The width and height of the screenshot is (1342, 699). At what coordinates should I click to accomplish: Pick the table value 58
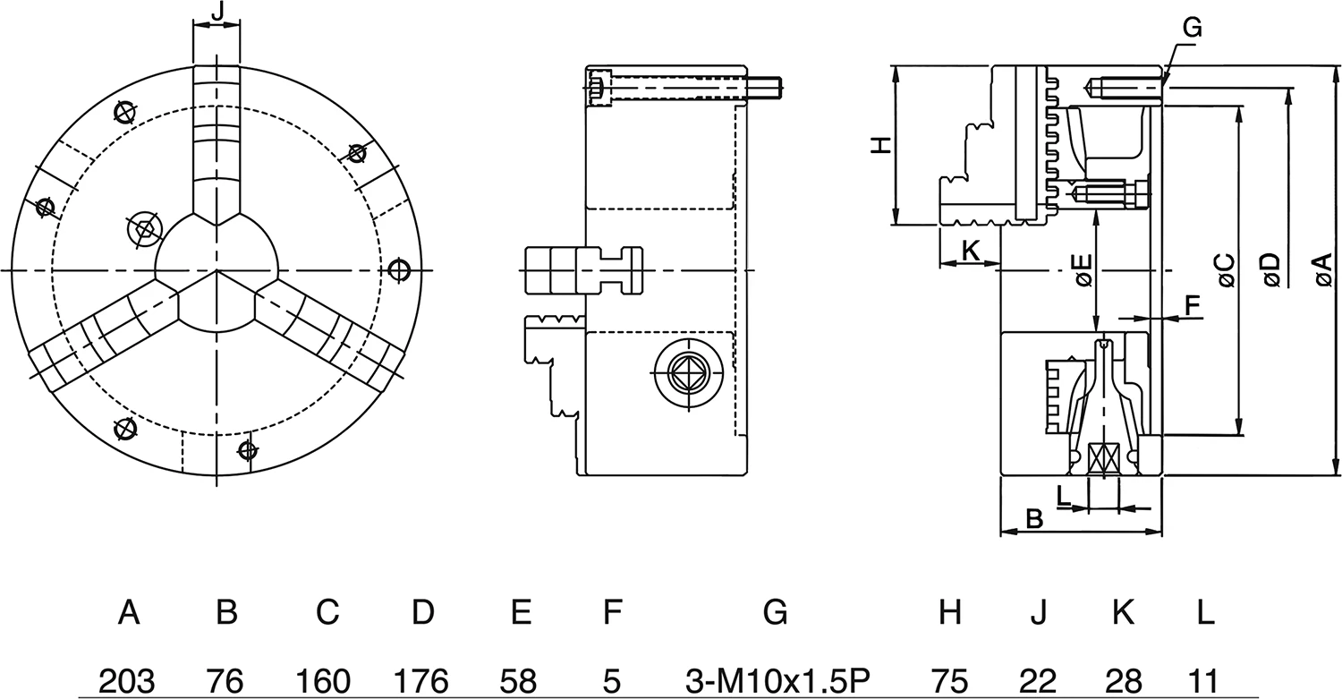(520, 680)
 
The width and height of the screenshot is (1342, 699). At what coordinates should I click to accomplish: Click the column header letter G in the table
(775, 613)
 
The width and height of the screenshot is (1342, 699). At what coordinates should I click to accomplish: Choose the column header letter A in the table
(129, 613)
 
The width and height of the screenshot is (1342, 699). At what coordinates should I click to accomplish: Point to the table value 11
(1205, 680)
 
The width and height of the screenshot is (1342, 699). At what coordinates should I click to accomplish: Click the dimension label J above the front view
(217, 13)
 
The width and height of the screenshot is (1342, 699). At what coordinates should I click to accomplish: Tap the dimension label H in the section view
(882, 145)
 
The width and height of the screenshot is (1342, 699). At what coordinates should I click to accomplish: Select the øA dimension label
(1323, 270)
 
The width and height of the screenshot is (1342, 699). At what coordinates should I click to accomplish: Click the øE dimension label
(1082, 270)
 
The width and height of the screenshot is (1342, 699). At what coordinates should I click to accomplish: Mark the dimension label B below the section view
(1033, 518)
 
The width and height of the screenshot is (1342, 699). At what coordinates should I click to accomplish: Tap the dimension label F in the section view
(1192, 305)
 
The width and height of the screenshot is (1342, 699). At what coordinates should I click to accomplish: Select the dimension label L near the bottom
(1063, 493)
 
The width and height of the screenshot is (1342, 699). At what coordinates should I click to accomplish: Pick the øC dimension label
(1226, 270)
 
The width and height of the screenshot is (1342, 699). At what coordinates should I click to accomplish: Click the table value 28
(1122, 680)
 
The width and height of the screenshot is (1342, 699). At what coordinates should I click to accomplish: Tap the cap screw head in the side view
(598, 88)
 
